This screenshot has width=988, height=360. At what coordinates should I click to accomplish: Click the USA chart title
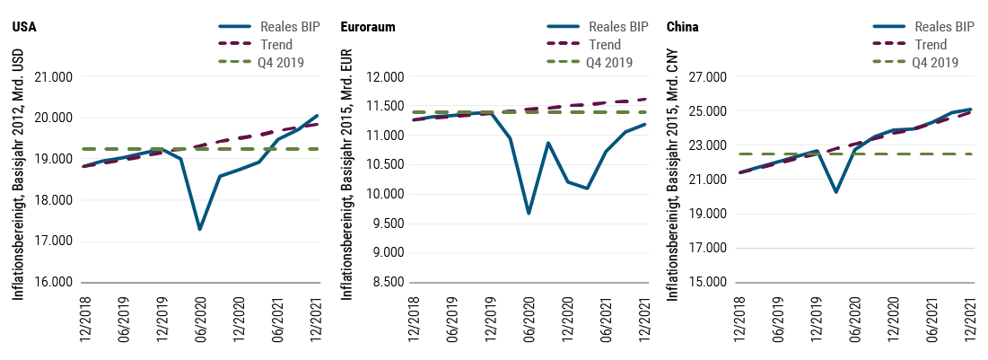pyautogui.click(x=22, y=27)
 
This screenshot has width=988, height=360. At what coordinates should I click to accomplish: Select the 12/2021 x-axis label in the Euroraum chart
pyautogui.click(x=643, y=318)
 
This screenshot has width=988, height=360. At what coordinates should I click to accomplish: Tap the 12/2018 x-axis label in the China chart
pyautogui.click(x=737, y=318)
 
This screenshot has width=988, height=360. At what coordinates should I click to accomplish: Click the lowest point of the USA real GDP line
pyautogui.click(x=199, y=230)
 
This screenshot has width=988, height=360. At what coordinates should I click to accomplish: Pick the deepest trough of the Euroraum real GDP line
pyautogui.click(x=529, y=214)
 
